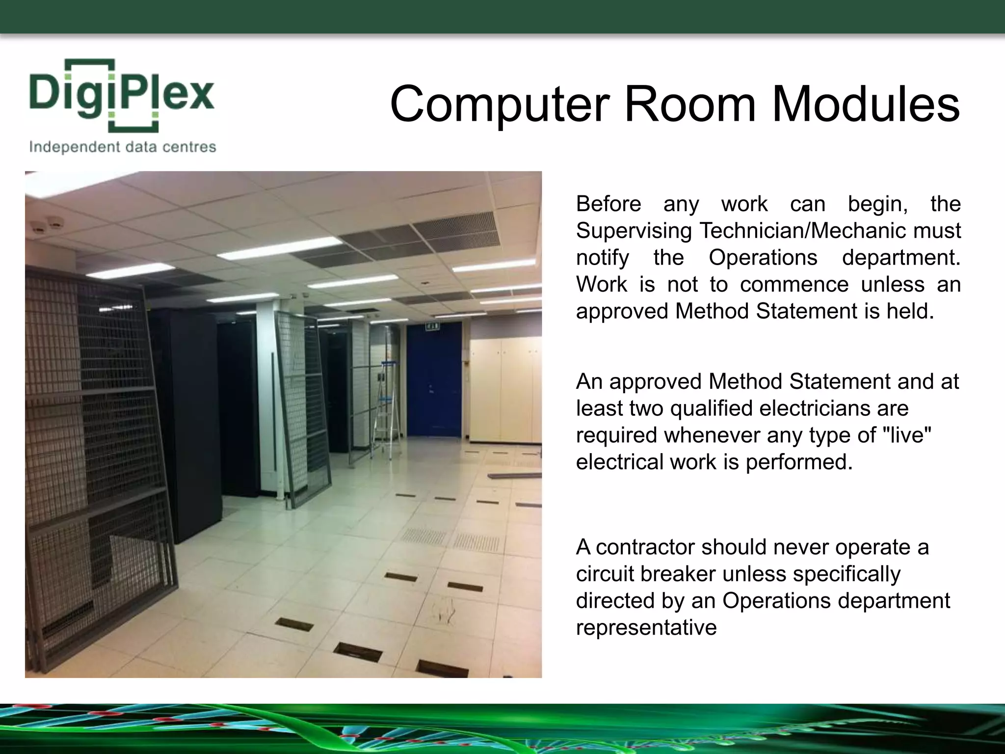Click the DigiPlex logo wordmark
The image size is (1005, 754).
click(122, 95)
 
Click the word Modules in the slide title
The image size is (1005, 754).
click(866, 104)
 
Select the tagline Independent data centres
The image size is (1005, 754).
click(123, 147)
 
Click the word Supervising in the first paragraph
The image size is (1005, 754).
click(634, 231)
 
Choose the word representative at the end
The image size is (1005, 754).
click(646, 628)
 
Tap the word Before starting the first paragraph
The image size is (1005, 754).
click(608, 204)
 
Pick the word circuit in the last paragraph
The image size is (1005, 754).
click(605, 574)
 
